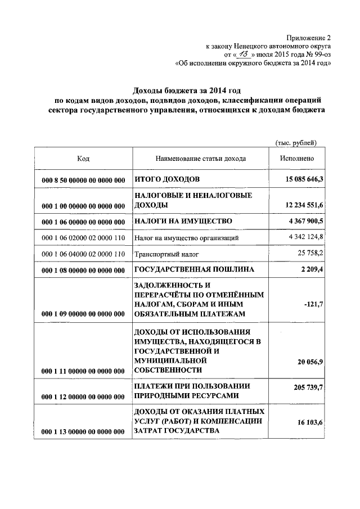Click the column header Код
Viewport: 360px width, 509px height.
pos(83,159)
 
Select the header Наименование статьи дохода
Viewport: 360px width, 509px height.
pos(201,159)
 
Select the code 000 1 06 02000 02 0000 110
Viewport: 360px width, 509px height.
pos(83,238)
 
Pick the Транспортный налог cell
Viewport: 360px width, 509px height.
pos(159,254)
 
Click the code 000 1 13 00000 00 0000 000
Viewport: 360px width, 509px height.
pos(83,431)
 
